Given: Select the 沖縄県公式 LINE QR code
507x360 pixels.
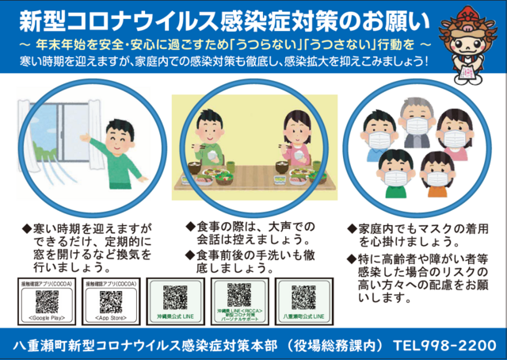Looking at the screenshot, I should (175, 297).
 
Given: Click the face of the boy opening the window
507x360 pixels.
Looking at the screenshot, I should (117, 134).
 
